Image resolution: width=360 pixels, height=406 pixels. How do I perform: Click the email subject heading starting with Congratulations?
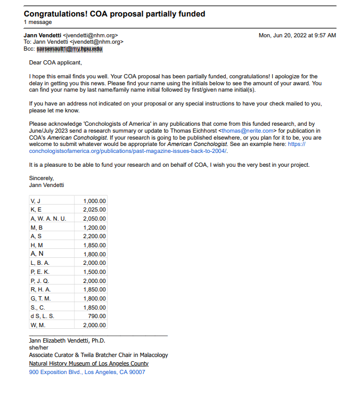(x=114, y=14)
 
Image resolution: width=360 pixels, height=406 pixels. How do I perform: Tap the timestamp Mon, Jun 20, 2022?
(x=297, y=35)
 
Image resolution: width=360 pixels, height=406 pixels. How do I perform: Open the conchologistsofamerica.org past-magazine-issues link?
(x=128, y=151)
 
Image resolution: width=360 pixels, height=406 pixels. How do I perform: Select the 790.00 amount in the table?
(x=97, y=316)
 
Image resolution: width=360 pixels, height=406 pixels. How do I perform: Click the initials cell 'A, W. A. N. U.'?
(x=48, y=219)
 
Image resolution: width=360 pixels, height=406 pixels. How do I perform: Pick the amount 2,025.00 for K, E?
(x=94, y=210)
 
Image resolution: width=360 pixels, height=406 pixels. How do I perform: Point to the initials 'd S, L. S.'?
(x=43, y=316)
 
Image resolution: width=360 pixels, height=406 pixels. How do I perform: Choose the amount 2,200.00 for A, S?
(x=94, y=236)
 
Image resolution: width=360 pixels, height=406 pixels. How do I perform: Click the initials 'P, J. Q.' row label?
(x=40, y=281)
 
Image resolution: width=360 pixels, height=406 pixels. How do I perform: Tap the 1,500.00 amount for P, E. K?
(x=94, y=272)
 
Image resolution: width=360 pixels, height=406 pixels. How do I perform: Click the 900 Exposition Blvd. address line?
(x=86, y=372)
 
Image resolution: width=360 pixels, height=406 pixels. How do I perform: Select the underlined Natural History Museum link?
(x=88, y=363)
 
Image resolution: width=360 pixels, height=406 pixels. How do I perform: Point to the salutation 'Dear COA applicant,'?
(x=55, y=63)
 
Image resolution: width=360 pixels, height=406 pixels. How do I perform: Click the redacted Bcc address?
(x=69, y=49)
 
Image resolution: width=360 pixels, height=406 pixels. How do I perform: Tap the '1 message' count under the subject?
(x=38, y=22)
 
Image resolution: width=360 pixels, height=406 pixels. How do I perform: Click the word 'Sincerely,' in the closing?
(x=42, y=178)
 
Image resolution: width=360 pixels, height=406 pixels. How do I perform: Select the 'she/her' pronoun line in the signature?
(x=38, y=347)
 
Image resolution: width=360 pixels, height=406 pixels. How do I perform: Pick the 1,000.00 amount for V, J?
(x=94, y=201)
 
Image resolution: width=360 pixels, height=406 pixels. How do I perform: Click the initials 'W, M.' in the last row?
(x=38, y=325)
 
